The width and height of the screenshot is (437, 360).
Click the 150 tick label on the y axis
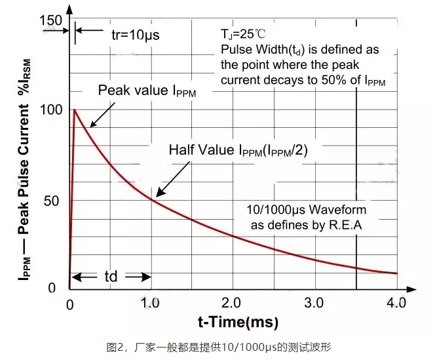click(x=51, y=20)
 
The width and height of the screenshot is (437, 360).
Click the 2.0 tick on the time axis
click(x=233, y=303)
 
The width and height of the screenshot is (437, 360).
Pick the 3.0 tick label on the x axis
click(x=315, y=303)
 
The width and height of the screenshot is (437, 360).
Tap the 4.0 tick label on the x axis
click(x=397, y=303)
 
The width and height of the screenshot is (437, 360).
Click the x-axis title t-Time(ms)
click(x=238, y=323)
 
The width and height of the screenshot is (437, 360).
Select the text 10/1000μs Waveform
click(x=306, y=210)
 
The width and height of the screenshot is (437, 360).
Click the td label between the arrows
click(x=111, y=276)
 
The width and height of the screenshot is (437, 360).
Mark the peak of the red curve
click(x=75, y=110)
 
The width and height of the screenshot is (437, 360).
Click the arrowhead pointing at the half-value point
click(x=157, y=195)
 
